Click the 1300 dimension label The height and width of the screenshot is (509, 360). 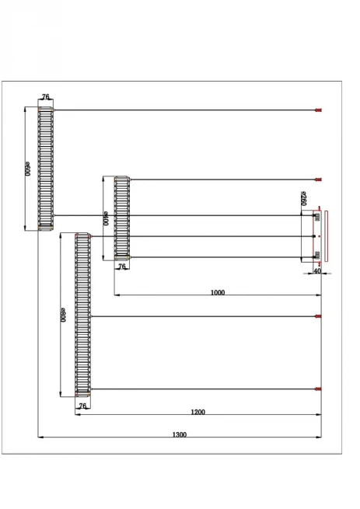point(180,434)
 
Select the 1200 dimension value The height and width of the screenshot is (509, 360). point(197,412)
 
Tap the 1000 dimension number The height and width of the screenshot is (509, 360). point(218,292)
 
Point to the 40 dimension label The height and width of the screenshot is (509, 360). point(317,270)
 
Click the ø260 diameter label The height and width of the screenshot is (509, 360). point(304,198)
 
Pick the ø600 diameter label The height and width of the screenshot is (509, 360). point(27,169)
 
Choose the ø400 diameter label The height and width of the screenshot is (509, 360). point(106,218)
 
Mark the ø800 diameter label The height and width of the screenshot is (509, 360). point(63,315)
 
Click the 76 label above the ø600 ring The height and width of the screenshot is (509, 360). point(46,96)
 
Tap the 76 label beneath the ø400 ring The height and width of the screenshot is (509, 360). point(121,267)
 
